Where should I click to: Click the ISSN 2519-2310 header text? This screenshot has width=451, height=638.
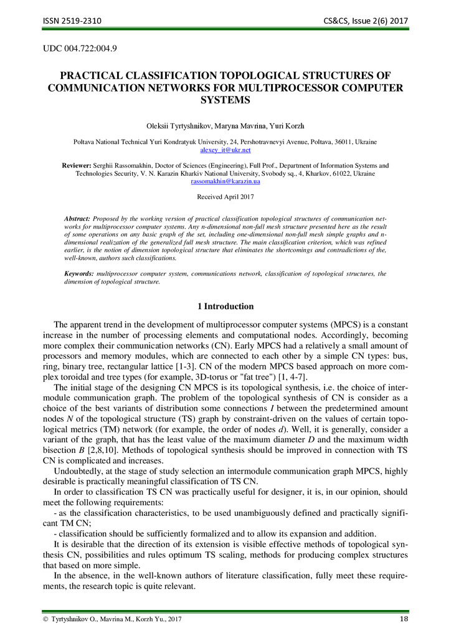pyautogui.click(x=72, y=21)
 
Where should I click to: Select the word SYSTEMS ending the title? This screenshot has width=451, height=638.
pyautogui.click(x=225, y=100)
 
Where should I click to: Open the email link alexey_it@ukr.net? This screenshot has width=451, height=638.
pyautogui.click(x=225, y=150)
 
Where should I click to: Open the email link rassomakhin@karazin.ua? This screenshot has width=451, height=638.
pyautogui.click(x=225, y=181)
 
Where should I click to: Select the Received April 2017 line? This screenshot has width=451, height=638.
pyautogui.click(x=225, y=197)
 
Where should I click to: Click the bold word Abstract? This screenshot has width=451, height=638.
pyautogui.click(x=78, y=219)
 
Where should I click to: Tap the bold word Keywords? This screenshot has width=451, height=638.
pyautogui.click(x=79, y=274)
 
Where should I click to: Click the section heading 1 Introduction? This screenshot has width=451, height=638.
pyautogui.click(x=225, y=307)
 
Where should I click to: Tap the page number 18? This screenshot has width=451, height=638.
pyautogui.click(x=403, y=618)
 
